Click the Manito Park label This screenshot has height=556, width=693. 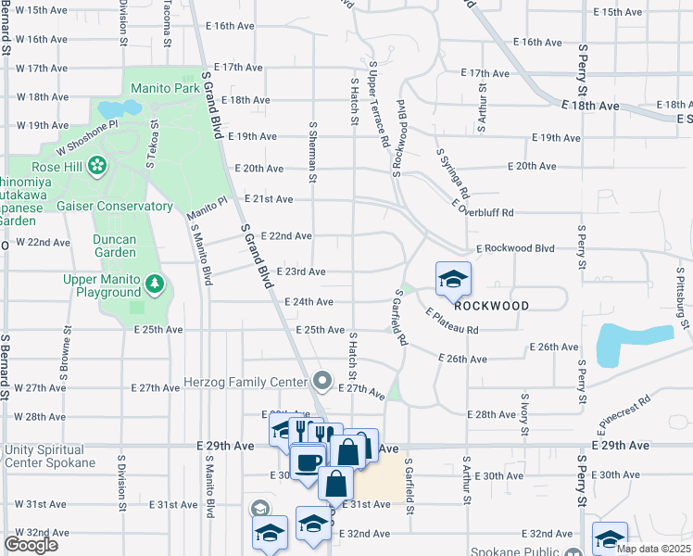point(165,89)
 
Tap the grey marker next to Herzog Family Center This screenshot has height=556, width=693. point(321,381)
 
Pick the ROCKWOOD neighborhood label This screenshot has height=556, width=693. point(492,306)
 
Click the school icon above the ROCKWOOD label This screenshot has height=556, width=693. point(453,278)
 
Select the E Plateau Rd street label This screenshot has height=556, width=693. point(452,322)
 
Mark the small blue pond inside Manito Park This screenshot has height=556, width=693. point(119,108)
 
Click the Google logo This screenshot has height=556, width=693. point(31,545)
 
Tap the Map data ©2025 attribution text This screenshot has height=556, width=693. point(652,549)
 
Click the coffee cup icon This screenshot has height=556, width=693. point(308,461)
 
